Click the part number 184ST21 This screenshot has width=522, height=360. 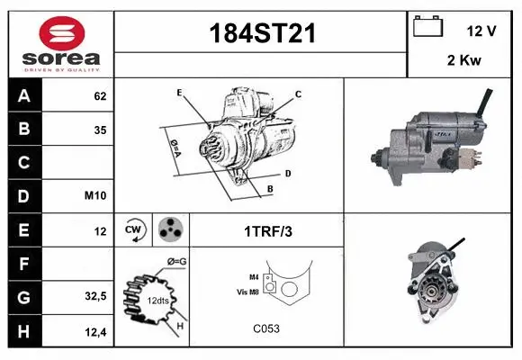click(x=262, y=33)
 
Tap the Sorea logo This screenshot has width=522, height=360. click(x=60, y=43)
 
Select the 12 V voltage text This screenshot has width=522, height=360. click(x=481, y=31)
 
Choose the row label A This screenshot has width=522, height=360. click(x=23, y=94)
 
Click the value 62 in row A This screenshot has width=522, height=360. click(x=100, y=95)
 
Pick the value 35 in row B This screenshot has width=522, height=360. click(x=100, y=129)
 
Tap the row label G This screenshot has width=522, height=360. click(x=23, y=296)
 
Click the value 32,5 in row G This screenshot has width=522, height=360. click(x=95, y=296)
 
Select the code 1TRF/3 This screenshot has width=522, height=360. click(x=267, y=231)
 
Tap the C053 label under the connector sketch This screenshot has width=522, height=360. click(x=266, y=328)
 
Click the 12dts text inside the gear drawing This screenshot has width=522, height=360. click(x=157, y=300)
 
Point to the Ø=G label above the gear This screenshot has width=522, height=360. click(x=176, y=261)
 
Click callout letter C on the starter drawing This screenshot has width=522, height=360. click(x=298, y=94)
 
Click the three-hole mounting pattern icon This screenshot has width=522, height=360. click(x=170, y=230)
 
